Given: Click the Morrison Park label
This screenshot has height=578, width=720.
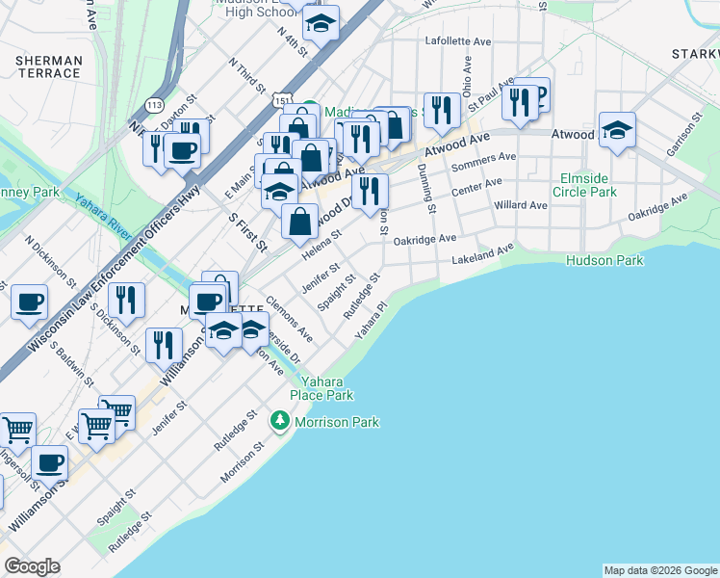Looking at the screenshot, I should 336,422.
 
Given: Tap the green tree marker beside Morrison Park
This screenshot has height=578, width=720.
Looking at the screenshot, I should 280,421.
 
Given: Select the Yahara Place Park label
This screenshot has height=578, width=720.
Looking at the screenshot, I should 322,388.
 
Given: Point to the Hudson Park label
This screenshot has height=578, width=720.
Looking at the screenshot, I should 604,260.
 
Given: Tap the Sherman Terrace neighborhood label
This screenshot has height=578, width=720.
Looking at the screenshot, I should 48,66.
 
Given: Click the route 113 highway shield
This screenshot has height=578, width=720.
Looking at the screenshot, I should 153,103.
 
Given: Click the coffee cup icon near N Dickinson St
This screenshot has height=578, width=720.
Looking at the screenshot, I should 29,302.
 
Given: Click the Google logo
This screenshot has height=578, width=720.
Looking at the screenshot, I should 32,566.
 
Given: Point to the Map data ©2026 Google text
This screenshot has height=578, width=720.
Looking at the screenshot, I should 659,570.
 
